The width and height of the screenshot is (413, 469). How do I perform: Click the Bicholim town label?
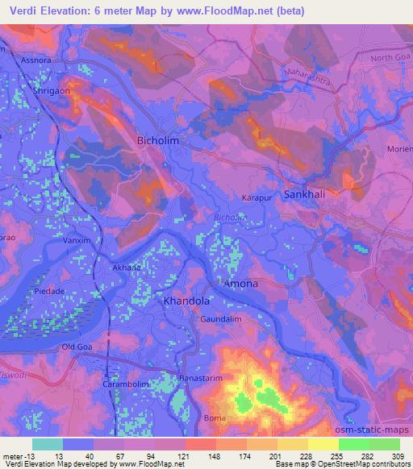tap(158, 140)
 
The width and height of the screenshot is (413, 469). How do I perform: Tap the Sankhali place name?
tap(306, 194)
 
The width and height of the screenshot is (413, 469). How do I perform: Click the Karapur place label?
tap(255, 197)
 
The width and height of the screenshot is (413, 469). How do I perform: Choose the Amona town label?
tap(240, 284)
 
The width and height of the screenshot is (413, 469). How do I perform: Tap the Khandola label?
tap(186, 301)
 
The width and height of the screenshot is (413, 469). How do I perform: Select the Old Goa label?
tap(80, 347)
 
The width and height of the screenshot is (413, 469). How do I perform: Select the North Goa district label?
tap(390, 59)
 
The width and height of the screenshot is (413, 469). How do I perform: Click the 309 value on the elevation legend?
tap(397, 455)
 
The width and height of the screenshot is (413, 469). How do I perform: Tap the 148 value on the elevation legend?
tap(196, 455)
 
